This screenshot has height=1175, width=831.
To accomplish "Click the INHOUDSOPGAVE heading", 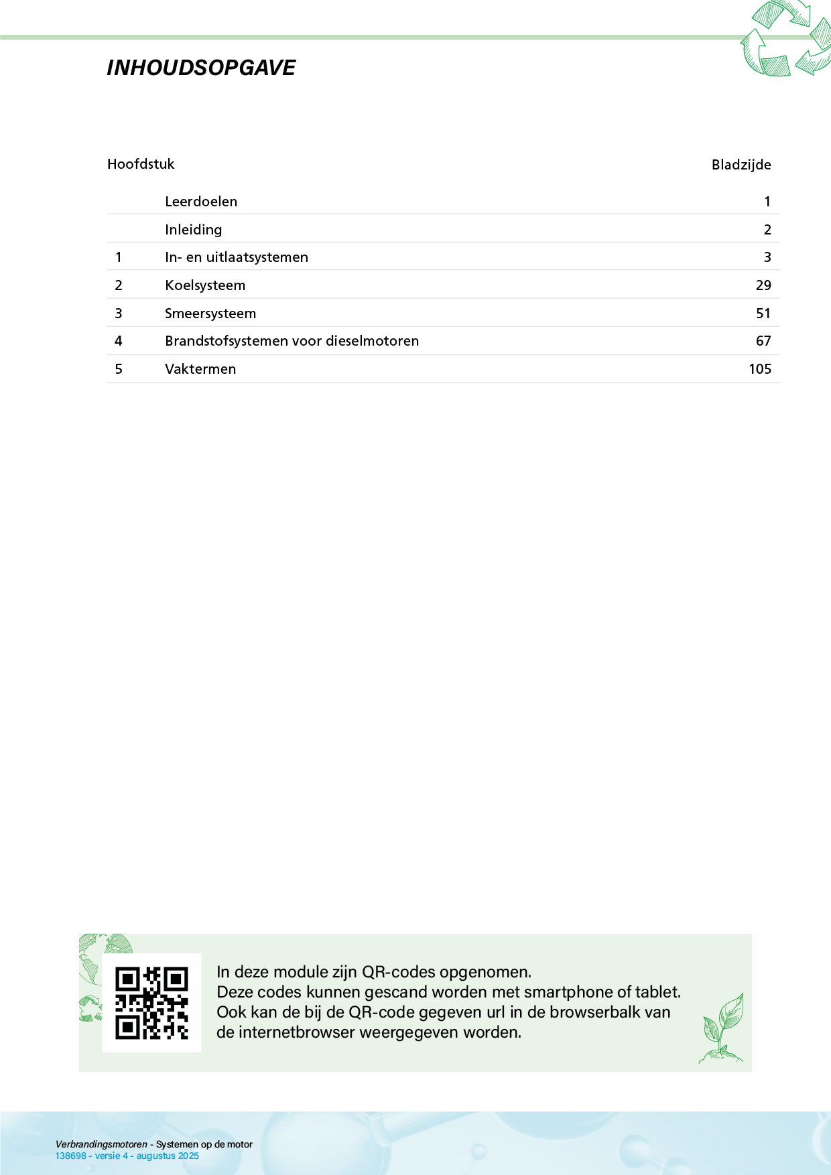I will (x=201, y=68).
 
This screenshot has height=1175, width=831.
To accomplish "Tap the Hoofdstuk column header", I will (x=141, y=164).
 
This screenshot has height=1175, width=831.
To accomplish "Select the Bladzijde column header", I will (x=741, y=165).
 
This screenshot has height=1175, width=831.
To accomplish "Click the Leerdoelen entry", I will (x=201, y=202).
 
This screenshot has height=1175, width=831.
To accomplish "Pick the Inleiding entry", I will (x=194, y=230).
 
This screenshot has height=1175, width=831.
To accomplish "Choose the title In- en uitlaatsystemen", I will (x=237, y=257).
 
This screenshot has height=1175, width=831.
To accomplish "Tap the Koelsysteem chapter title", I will (x=205, y=285).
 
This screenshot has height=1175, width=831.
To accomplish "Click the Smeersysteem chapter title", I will (x=210, y=314).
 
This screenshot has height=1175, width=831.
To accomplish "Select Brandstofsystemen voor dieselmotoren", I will (x=292, y=341).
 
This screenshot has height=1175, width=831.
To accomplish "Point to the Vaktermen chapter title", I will (x=200, y=369).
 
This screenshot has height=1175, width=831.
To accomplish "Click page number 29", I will (x=763, y=285).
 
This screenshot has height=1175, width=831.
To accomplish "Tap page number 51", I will (x=763, y=314).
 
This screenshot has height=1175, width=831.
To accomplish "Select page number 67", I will (x=763, y=341).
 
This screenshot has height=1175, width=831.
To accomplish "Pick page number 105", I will (x=760, y=369).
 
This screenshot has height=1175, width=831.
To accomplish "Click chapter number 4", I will (x=119, y=341).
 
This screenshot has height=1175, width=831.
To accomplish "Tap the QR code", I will (x=151, y=1003).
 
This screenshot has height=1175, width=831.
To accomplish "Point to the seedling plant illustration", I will (x=722, y=1029).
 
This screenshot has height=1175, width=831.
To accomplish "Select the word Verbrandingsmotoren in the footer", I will (x=101, y=1144).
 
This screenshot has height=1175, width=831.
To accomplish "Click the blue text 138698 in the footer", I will (x=70, y=1156).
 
